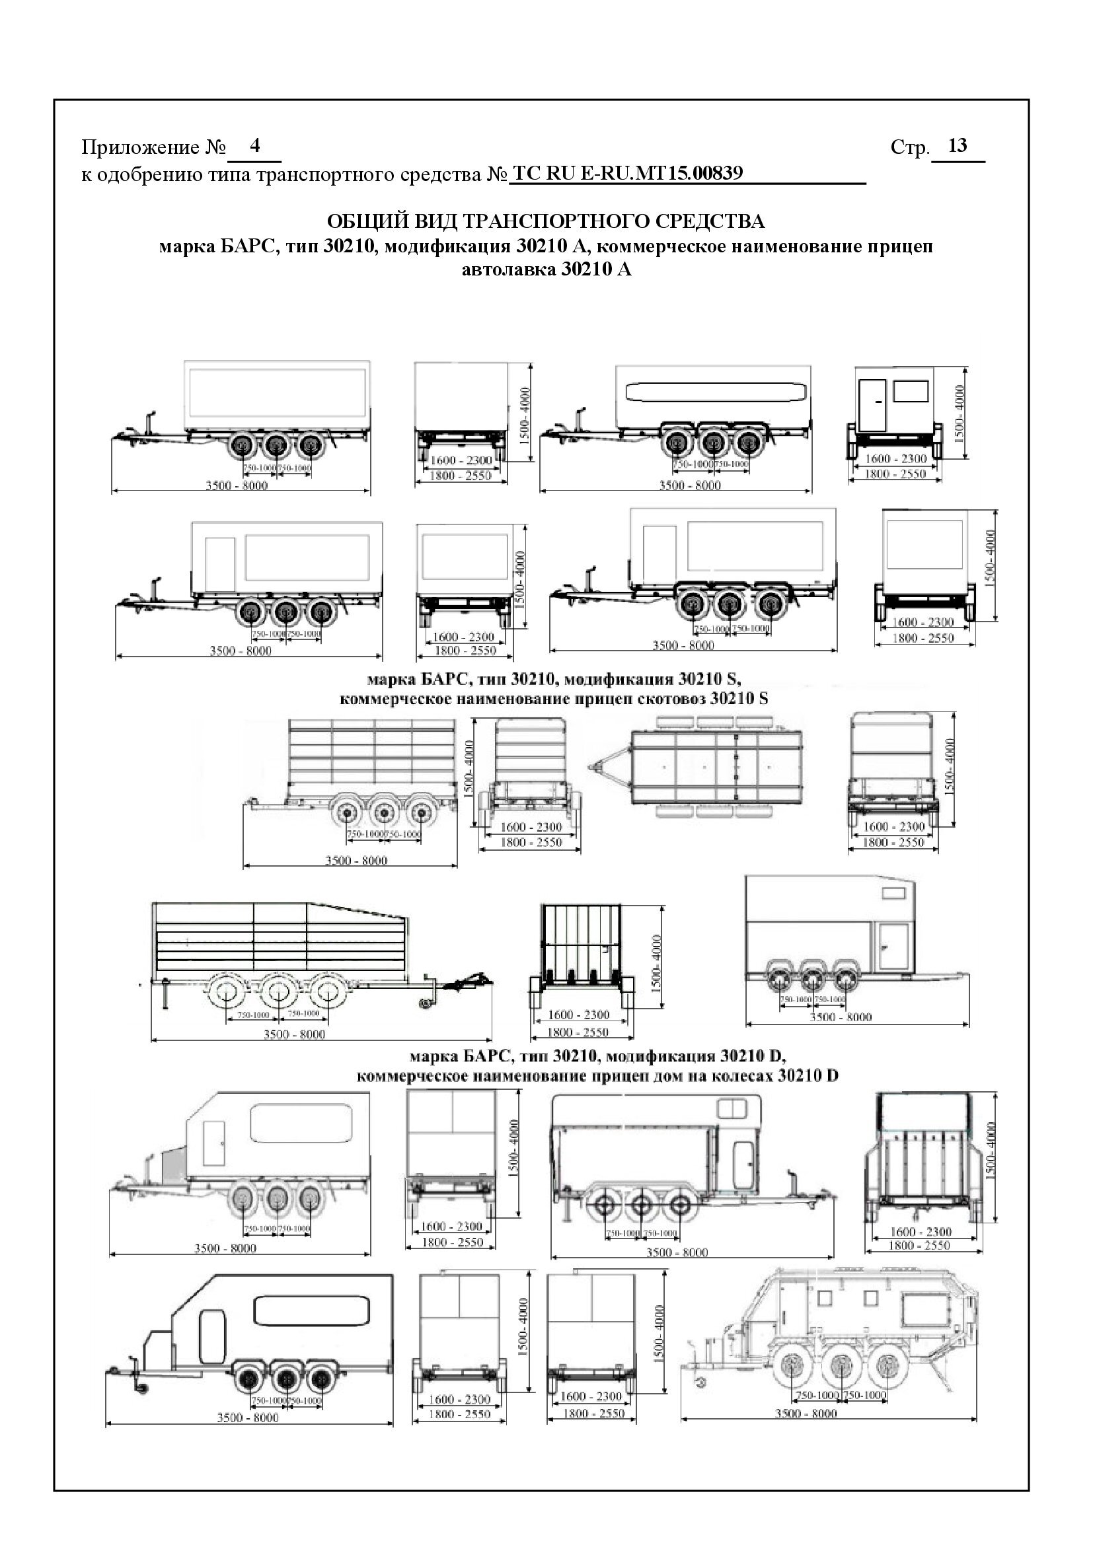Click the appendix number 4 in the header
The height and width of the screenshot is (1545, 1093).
254,145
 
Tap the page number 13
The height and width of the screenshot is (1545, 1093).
956,145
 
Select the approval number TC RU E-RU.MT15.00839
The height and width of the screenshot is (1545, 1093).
627,174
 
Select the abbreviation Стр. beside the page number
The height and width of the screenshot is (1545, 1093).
909,147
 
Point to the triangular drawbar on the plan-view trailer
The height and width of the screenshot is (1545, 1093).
610,766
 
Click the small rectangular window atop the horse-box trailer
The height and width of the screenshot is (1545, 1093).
894,894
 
